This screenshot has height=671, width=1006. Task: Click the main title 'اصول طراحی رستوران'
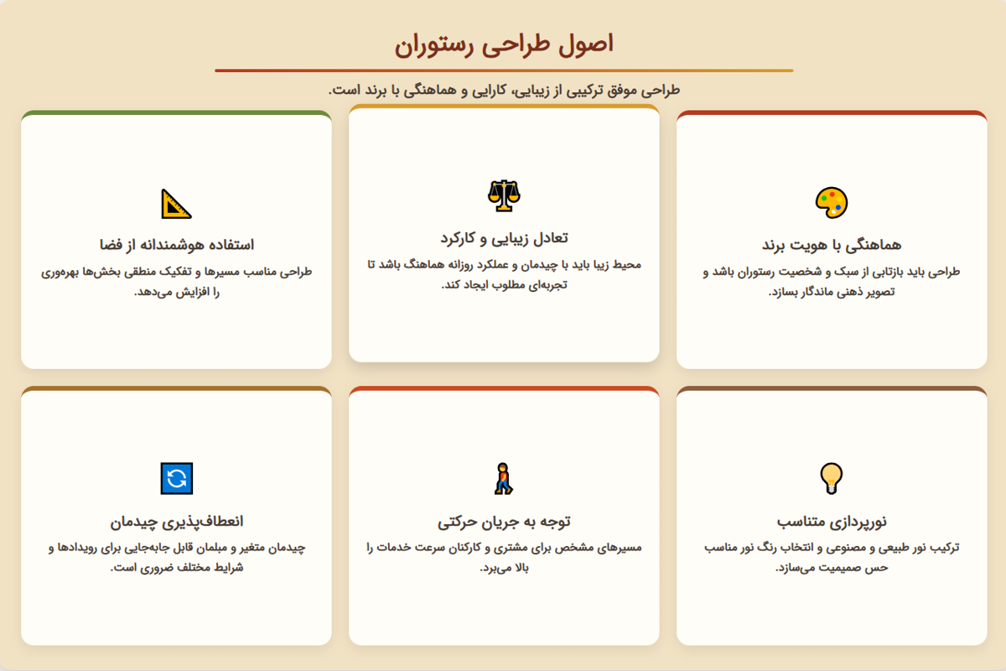503,44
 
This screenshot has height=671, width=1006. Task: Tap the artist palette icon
831,202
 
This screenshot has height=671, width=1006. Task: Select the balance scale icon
503,195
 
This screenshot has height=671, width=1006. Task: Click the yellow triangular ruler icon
176,203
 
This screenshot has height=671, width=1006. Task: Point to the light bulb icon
831,477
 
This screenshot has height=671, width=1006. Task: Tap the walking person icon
503,478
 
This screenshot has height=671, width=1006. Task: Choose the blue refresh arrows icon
176,478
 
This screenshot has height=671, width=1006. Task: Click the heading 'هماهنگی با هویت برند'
831,245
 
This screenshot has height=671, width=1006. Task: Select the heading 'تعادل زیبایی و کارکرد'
503,237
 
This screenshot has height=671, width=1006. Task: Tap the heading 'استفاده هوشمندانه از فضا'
176,245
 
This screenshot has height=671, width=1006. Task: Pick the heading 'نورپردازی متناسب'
831,522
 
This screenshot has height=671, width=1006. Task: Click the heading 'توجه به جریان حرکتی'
503,522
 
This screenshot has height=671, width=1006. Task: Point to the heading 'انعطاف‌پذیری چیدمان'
176,522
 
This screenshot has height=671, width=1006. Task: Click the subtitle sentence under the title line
503,90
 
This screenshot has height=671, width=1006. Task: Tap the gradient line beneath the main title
503,70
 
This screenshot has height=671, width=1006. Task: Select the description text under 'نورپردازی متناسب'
831,558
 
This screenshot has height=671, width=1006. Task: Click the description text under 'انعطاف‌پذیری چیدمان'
176,558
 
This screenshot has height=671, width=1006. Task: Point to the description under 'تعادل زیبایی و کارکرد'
503,275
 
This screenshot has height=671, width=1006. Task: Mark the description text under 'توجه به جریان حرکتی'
503,558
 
